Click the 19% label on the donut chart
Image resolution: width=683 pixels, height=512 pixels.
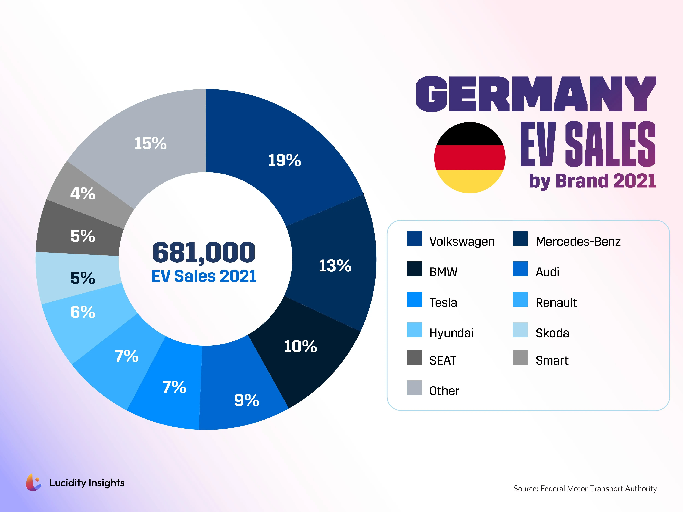[284, 160]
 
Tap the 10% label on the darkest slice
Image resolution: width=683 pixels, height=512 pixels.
[300, 346]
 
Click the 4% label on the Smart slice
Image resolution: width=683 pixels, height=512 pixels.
[83, 193]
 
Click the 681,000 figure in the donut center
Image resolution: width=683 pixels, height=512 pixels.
[204, 252]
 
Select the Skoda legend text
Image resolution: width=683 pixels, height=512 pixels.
[552, 333]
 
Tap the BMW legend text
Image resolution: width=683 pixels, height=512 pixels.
[443, 272]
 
